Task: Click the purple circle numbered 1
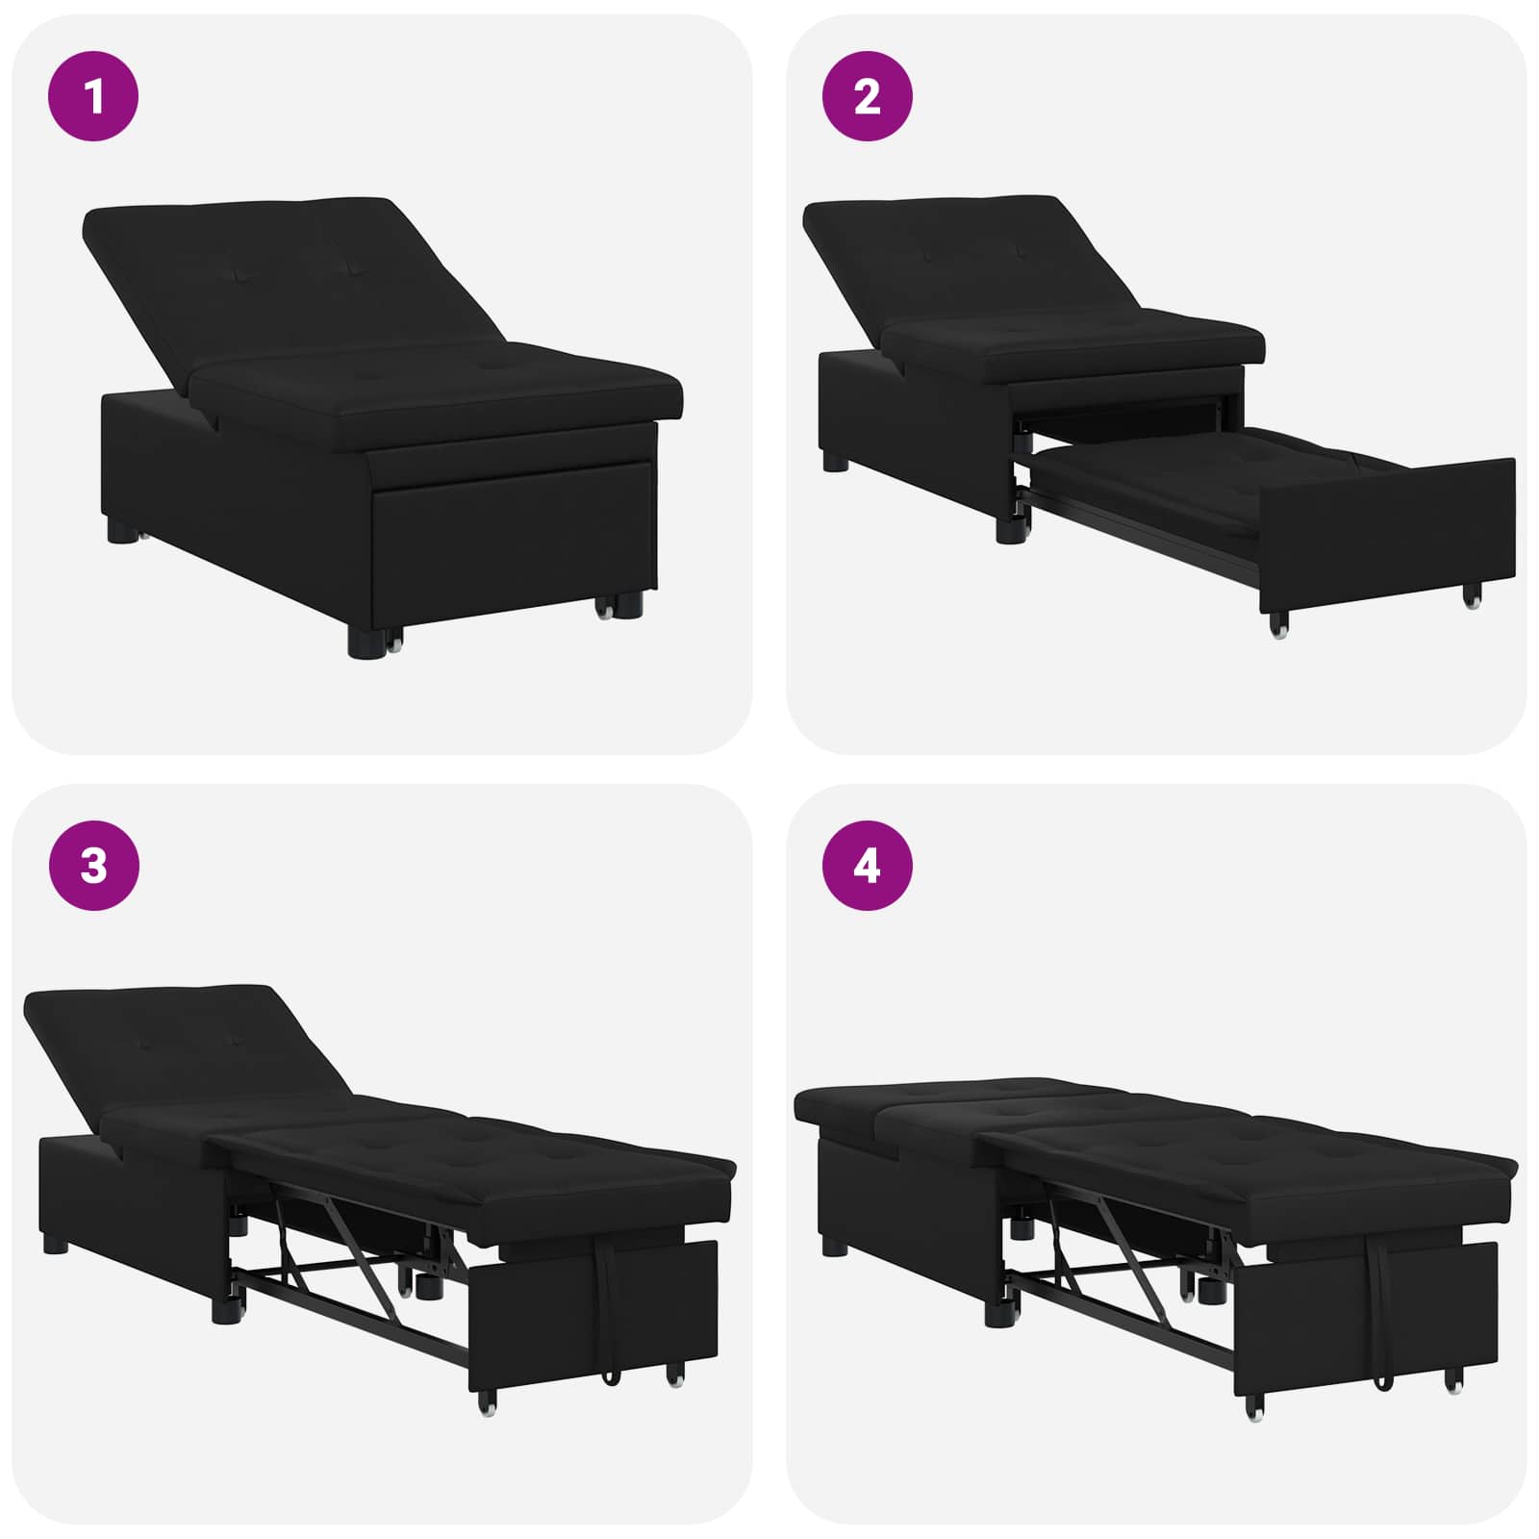(93, 96)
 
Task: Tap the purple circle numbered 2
(867, 96)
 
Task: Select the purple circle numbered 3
(93, 866)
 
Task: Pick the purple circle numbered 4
(867, 866)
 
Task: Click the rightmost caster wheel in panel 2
(1473, 597)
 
